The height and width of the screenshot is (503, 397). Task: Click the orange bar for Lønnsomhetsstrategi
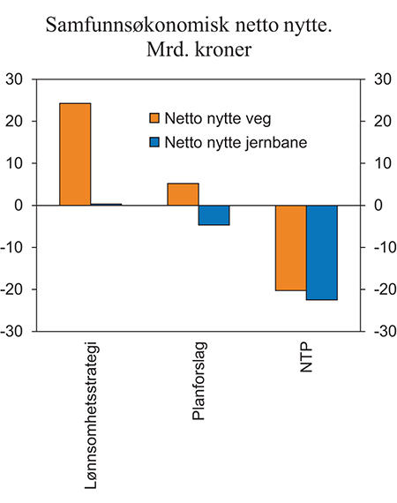point(75,154)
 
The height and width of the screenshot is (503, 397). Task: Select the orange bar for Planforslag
point(183,194)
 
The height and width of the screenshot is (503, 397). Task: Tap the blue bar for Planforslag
point(213,215)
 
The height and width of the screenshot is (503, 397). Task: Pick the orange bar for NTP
point(290,248)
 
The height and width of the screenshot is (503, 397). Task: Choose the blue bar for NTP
point(321,252)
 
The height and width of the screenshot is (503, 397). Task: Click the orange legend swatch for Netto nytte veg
point(154,118)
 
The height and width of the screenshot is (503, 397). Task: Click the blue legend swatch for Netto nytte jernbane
point(154,141)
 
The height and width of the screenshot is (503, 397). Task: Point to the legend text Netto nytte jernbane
point(238,141)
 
